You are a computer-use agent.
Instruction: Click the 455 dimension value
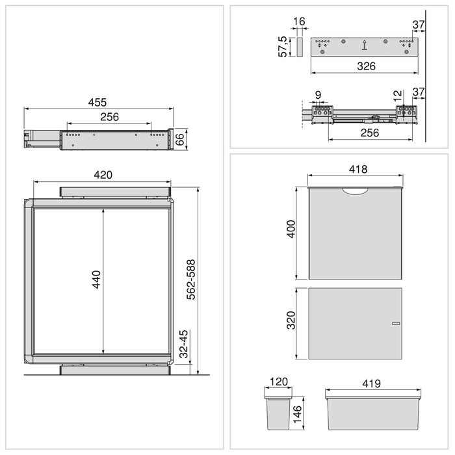[x=97, y=103]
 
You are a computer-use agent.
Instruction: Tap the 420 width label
[x=103, y=174]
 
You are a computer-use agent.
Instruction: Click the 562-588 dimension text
[x=191, y=279]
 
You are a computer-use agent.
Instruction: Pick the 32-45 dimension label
[x=185, y=344]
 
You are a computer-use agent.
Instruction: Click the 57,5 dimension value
[x=283, y=47]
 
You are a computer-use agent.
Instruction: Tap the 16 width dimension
[x=299, y=22]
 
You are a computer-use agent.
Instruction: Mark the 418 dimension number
[x=357, y=170]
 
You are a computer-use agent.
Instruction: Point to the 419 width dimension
[x=371, y=384]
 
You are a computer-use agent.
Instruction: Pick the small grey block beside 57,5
[x=300, y=47]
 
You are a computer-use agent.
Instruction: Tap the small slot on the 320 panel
[x=395, y=323]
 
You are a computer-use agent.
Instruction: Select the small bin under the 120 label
[x=278, y=411]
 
